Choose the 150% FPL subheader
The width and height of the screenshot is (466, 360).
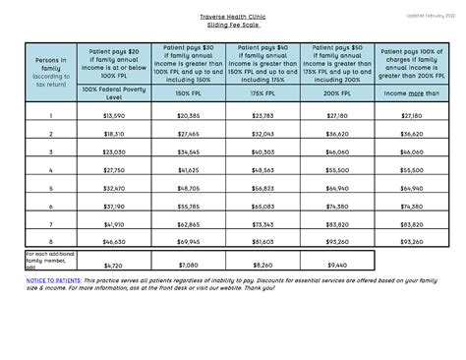189,93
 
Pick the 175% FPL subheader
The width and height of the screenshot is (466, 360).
263,93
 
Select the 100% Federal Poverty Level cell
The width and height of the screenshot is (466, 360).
114,93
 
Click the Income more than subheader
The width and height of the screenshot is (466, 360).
412,93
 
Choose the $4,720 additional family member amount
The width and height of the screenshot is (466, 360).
114,265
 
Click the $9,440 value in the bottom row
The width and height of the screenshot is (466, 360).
337,265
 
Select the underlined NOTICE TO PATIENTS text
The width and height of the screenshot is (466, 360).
55,280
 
